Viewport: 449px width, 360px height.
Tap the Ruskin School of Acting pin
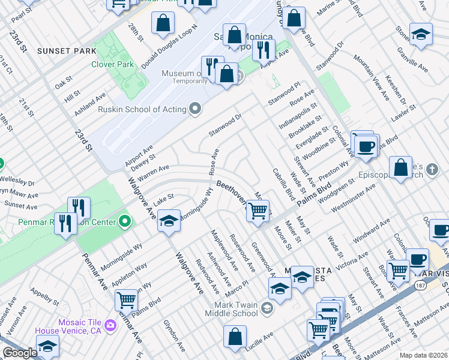point(194,109)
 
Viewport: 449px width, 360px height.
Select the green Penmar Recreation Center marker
point(124,223)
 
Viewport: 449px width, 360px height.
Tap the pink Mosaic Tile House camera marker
point(110,325)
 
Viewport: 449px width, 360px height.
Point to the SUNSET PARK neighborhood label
point(67,51)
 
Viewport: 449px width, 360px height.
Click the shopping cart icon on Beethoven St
point(258,211)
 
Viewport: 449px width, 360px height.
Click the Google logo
point(20,353)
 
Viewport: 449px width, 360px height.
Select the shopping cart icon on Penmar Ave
point(126,299)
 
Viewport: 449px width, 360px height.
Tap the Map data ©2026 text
point(424,355)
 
